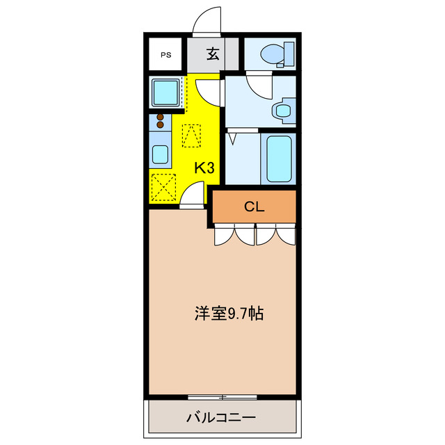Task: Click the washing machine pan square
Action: [166, 92]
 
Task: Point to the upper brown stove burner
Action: [161, 117]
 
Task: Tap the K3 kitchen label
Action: [204, 168]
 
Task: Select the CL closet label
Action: [254, 206]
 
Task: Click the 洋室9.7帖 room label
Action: [228, 314]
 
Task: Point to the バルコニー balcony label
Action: [221, 419]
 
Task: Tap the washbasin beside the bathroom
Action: [282, 110]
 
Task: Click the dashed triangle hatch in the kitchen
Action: [192, 135]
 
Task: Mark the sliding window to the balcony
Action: [222, 397]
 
